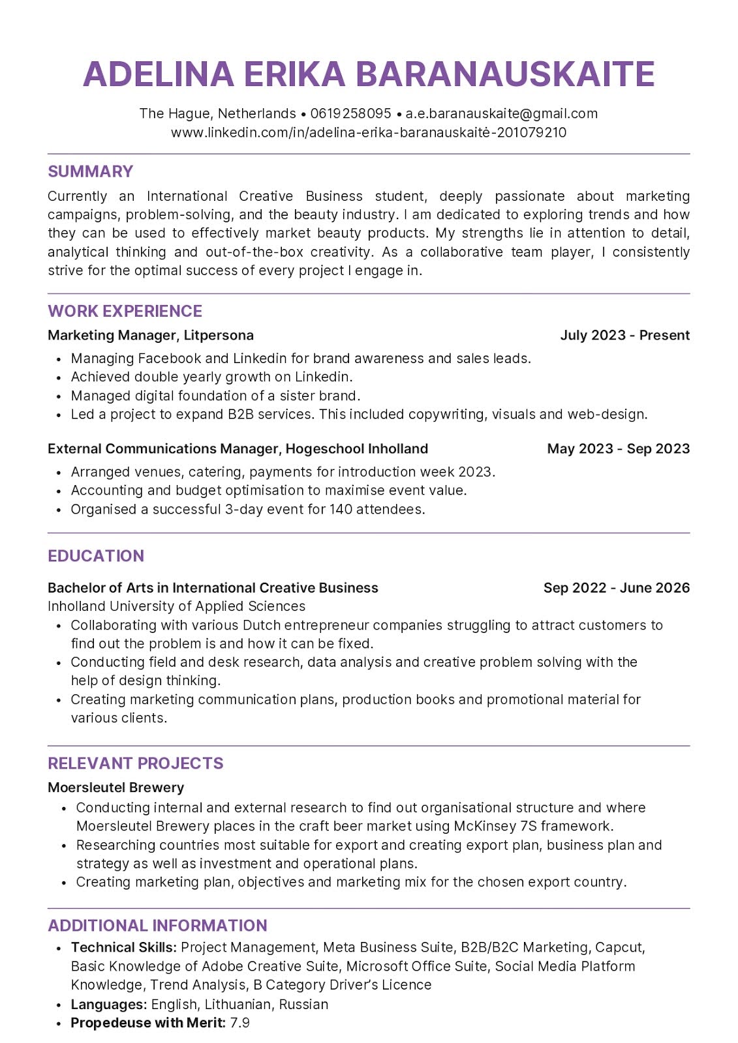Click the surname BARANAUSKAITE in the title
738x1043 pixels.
[505, 74]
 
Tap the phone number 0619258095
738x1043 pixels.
[350, 113]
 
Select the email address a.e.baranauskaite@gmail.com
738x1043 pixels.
[501, 113]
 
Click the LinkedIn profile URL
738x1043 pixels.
[369, 132]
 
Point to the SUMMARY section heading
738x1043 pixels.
[90, 171]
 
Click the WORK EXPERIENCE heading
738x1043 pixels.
[125, 311]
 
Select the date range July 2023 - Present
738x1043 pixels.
[624, 335]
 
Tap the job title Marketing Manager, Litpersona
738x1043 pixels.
[150, 335]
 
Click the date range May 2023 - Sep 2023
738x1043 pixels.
[618, 448]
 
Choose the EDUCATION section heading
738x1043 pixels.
[96, 556]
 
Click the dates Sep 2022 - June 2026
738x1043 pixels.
[616, 587]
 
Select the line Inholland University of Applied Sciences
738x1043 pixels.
[176, 606]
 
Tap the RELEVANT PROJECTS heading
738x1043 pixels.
[135, 763]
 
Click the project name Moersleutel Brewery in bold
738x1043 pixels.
[115, 787]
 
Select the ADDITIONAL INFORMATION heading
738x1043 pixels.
[157, 926]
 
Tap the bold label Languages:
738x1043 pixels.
[108, 1004]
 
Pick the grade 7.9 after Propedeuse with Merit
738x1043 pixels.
[240, 1023]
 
